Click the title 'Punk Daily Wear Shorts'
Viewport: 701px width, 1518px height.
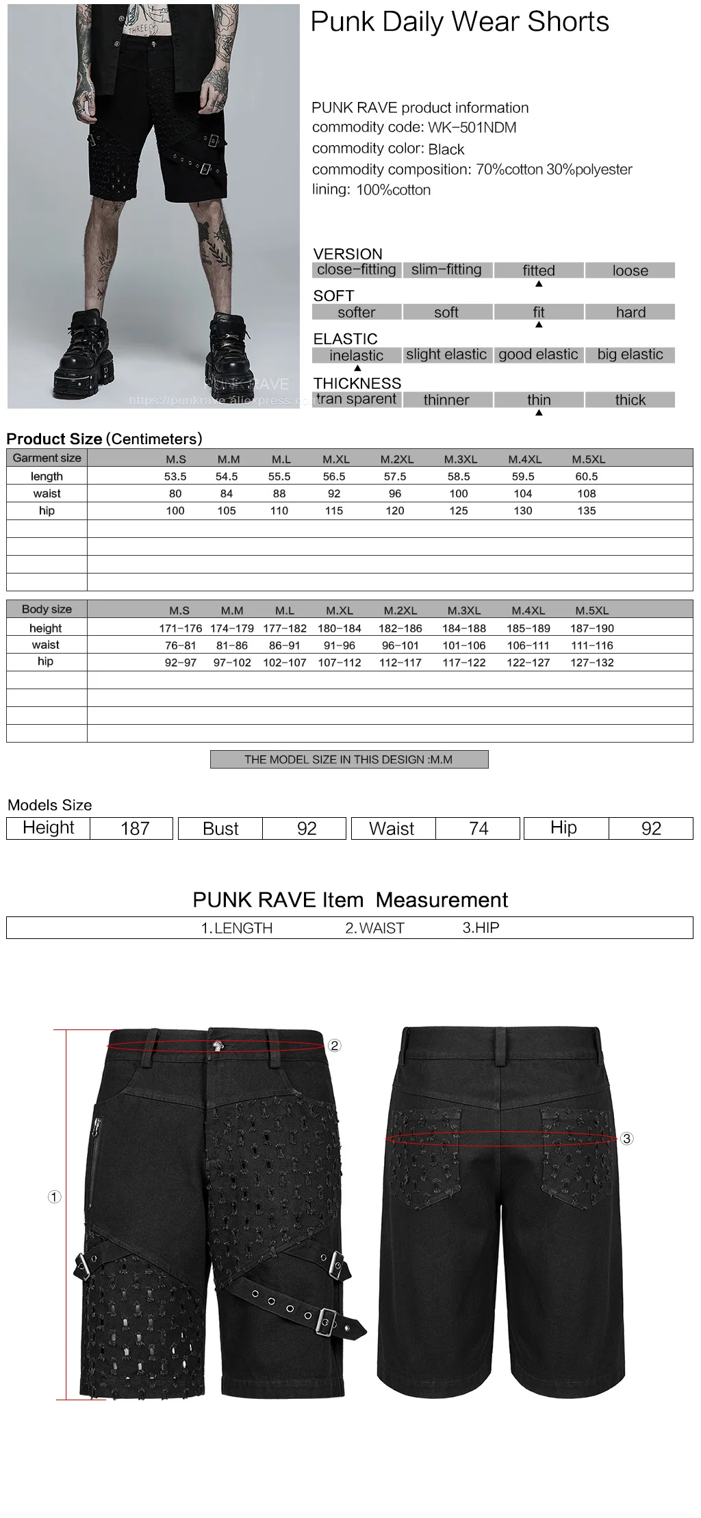point(459,23)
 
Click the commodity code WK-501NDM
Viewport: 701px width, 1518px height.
point(472,127)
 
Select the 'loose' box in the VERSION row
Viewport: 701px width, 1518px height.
point(630,270)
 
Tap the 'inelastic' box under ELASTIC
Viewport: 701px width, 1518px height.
point(356,355)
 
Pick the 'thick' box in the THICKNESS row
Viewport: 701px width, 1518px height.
point(630,400)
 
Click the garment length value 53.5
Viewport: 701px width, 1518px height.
point(175,476)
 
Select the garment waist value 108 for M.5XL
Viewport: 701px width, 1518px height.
point(587,493)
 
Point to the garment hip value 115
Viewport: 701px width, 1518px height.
point(334,511)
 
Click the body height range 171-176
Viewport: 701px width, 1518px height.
point(180,628)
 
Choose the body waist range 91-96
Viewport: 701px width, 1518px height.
point(340,645)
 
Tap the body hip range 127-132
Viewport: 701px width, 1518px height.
point(592,662)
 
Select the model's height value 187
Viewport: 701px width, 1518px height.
point(135,829)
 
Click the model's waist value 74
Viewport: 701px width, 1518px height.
point(479,829)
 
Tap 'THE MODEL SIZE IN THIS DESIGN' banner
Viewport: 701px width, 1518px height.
point(348,760)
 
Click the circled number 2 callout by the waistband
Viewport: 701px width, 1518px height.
point(334,1046)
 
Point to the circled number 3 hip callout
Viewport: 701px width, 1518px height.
point(627,1139)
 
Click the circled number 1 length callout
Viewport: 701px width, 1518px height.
point(55,1196)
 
